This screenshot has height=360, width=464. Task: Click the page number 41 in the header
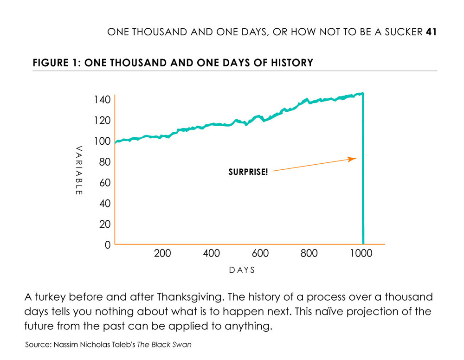coord(432,32)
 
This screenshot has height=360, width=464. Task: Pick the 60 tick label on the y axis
coord(105,182)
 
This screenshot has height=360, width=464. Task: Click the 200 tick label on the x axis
coord(162,253)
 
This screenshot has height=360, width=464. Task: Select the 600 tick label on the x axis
coord(260,253)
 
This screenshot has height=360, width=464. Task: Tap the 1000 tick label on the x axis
coord(361,253)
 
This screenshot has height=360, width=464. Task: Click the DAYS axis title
coord(242,270)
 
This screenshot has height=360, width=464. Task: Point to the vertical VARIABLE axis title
coord(79,170)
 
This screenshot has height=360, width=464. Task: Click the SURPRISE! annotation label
coord(248,172)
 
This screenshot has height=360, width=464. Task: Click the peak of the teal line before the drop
coord(362,93)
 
